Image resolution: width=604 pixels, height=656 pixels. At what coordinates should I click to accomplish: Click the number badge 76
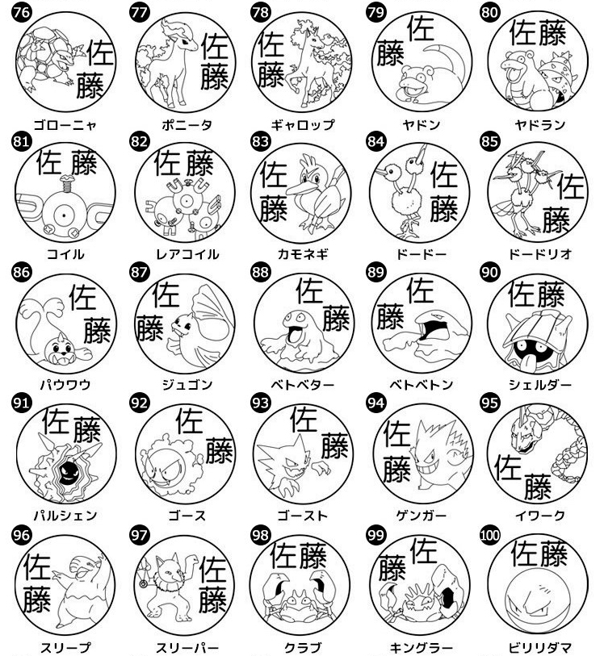pyautogui.click(x=21, y=11)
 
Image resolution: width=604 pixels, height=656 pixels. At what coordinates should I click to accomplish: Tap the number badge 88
pyautogui.click(x=260, y=272)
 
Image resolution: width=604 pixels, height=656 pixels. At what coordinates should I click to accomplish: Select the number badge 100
pyautogui.click(x=489, y=535)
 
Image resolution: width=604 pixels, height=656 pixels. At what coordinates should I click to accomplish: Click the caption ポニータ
pyautogui.click(x=187, y=125)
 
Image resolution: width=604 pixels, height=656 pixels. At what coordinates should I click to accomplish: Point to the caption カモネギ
pyautogui.click(x=303, y=254)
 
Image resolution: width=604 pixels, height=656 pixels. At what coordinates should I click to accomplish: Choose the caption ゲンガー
pyautogui.click(x=421, y=516)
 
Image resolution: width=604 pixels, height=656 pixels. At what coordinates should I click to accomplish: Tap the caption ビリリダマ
pyautogui.click(x=540, y=648)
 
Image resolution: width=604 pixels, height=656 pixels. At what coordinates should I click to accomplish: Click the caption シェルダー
pyautogui.click(x=540, y=384)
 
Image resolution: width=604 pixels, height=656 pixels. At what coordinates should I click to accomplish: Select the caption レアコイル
pyautogui.click(x=187, y=254)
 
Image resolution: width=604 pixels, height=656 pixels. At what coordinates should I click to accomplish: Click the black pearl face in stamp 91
pyautogui.click(x=67, y=473)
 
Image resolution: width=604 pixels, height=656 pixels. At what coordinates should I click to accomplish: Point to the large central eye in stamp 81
pyautogui.click(x=64, y=216)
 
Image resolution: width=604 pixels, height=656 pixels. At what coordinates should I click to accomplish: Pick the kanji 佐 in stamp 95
pyautogui.click(x=508, y=468)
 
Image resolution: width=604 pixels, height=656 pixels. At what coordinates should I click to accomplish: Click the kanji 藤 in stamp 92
pyautogui.click(x=219, y=450)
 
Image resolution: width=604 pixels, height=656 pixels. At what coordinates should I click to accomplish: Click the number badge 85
pyautogui.click(x=489, y=141)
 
